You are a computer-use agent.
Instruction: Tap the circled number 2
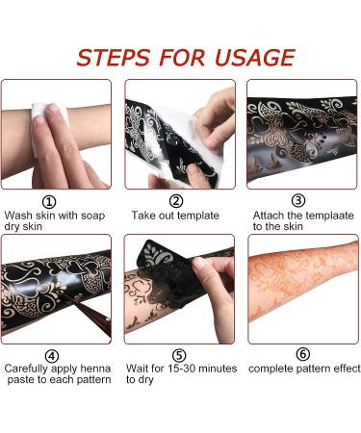tap(176, 201)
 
